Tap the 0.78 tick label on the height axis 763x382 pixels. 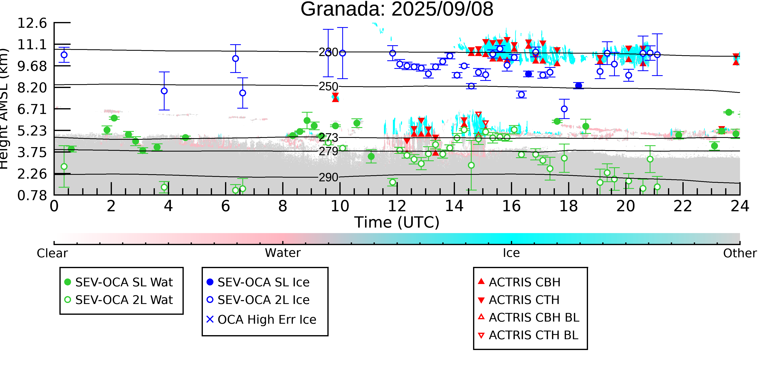(32, 195)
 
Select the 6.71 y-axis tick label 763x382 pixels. (32, 109)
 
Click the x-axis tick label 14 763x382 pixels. (454, 206)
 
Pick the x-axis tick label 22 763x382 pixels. (683, 206)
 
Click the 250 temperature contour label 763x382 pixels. (328, 87)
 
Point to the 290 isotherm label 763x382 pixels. (328, 177)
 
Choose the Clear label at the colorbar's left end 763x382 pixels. (52, 253)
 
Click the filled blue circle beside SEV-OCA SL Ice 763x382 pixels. (210, 282)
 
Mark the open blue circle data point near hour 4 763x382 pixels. (164, 91)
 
